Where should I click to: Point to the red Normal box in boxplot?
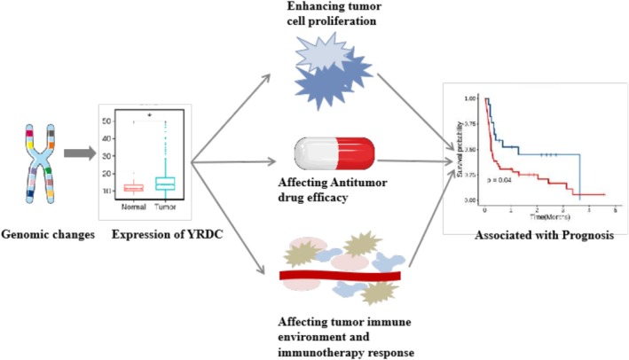[133, 187]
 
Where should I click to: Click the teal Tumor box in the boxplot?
[164, 183]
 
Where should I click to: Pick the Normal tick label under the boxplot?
[133, 207]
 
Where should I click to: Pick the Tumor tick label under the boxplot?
[165, 207]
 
